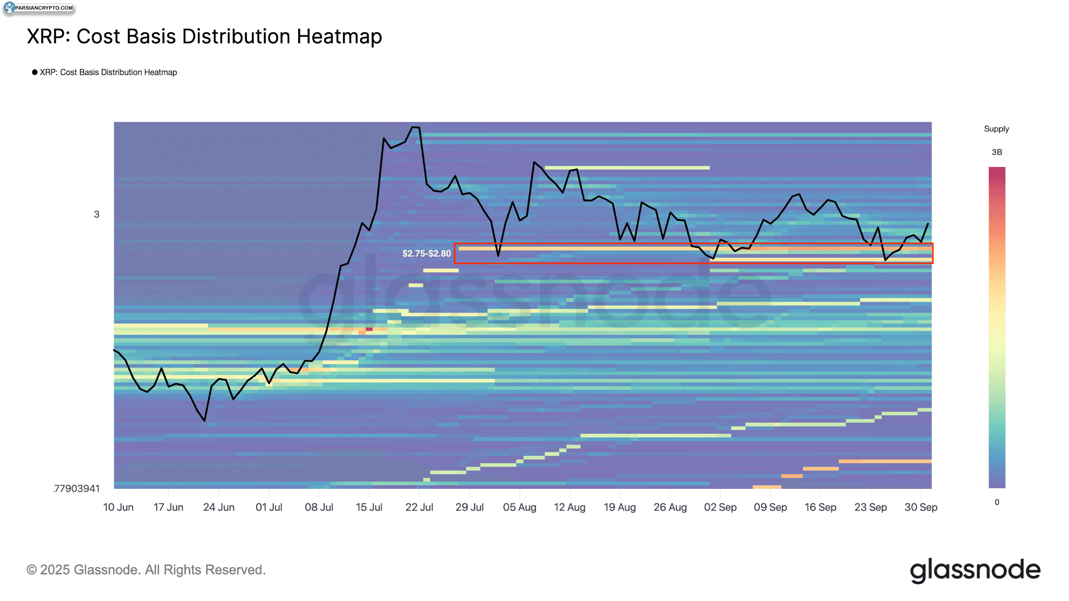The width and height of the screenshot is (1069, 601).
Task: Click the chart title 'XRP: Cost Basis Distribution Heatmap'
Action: [204, 37]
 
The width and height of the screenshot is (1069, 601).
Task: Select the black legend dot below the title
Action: [34, 72]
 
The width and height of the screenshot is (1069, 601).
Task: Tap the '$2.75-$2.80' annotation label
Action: [426, 254]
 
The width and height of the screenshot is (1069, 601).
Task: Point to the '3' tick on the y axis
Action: [97, 214]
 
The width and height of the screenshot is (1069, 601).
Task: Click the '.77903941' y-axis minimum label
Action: [76, 489]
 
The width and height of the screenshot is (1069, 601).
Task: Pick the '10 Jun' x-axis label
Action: [118, 507]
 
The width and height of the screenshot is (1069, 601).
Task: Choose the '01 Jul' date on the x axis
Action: [269, 507]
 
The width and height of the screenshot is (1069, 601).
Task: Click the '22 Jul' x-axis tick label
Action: [419, 507]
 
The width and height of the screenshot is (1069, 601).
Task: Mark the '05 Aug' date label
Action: [519, 507]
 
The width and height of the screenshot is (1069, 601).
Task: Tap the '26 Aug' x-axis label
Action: [670, 507]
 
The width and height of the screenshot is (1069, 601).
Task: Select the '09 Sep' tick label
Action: [770, 507]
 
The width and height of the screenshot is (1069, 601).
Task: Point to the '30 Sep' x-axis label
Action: [921, 507]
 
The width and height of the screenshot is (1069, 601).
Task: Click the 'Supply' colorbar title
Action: [996, 129]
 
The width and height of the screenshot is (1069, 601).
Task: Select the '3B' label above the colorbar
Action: [996, 152]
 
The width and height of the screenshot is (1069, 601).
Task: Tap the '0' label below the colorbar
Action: [996, 502]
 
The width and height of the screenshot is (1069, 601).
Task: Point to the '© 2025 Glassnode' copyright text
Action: [146, 570]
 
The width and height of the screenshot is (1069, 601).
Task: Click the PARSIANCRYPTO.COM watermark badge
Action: [39, 8]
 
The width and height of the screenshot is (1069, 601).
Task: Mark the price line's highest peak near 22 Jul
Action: [415, 127]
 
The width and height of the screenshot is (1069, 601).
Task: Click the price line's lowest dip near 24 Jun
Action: [205, 420]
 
